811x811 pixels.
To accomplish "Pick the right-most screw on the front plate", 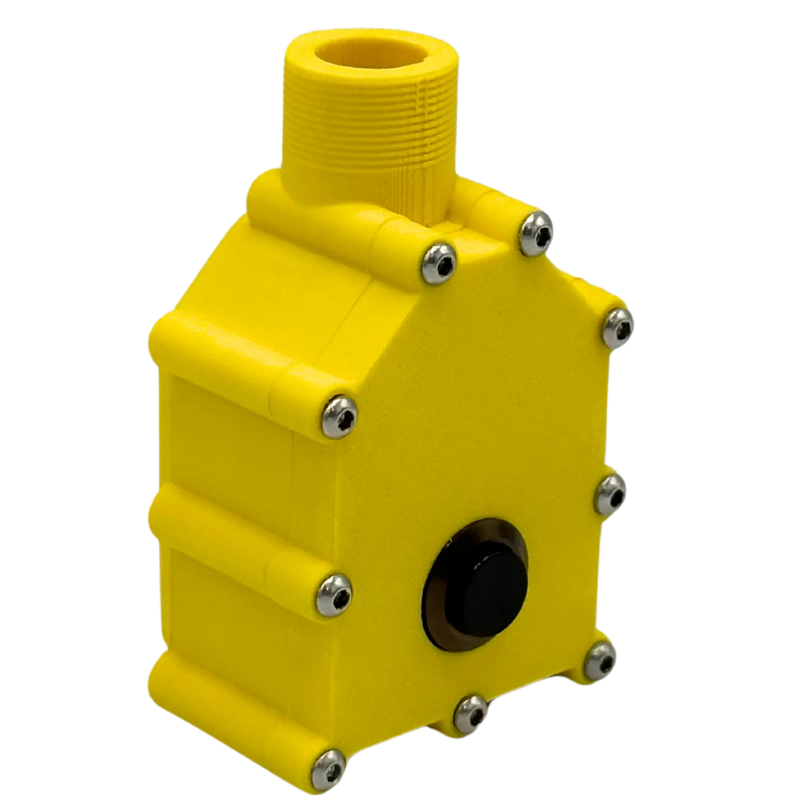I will click(620, 324).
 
